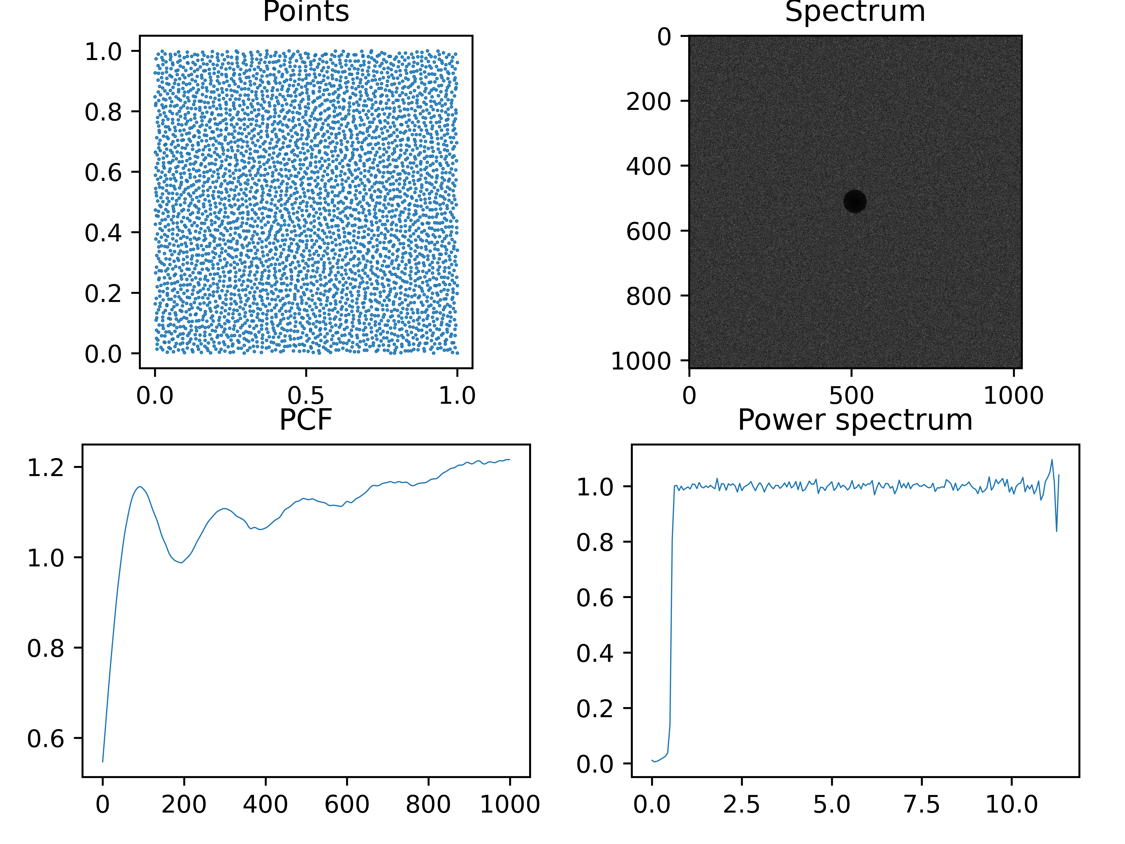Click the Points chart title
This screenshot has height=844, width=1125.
[306, 12]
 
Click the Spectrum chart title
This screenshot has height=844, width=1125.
[855, 12]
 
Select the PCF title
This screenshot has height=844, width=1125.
[306, 420]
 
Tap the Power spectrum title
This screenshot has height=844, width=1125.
[855, 420]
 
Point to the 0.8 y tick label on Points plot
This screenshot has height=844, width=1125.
[103, 112]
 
